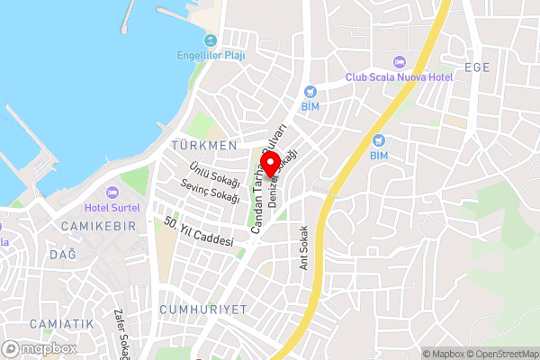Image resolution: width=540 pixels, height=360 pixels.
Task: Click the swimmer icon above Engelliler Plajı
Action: pyautogui.click(x=211, y=40)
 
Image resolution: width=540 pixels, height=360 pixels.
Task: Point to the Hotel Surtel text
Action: pyautogui.click(x=112, y=206)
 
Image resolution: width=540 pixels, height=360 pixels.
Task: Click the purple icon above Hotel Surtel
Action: pyautogui.click(x=112, y=192)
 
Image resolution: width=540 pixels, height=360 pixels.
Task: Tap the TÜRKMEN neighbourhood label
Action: pyautogui.click(x=206, y=145)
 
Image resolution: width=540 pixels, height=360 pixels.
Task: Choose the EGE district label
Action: pyautogui.click(x=477, y=67)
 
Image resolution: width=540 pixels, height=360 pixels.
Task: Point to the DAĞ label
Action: pyautogui.click(x=62, y=256)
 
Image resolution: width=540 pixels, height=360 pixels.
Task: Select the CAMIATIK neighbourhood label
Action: pyautogui.click(x=61, y=323)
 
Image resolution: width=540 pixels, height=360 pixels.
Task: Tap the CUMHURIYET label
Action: pyautogui.click(x=202, y=309)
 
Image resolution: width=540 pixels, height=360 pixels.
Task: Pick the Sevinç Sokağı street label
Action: pyautogui.click(x=210, y=191)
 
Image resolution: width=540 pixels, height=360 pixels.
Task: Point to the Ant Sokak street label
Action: pyautogui.click(x=304, y=247)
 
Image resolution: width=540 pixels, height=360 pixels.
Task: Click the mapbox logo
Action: pyautogui.click(x=40, y=348)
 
